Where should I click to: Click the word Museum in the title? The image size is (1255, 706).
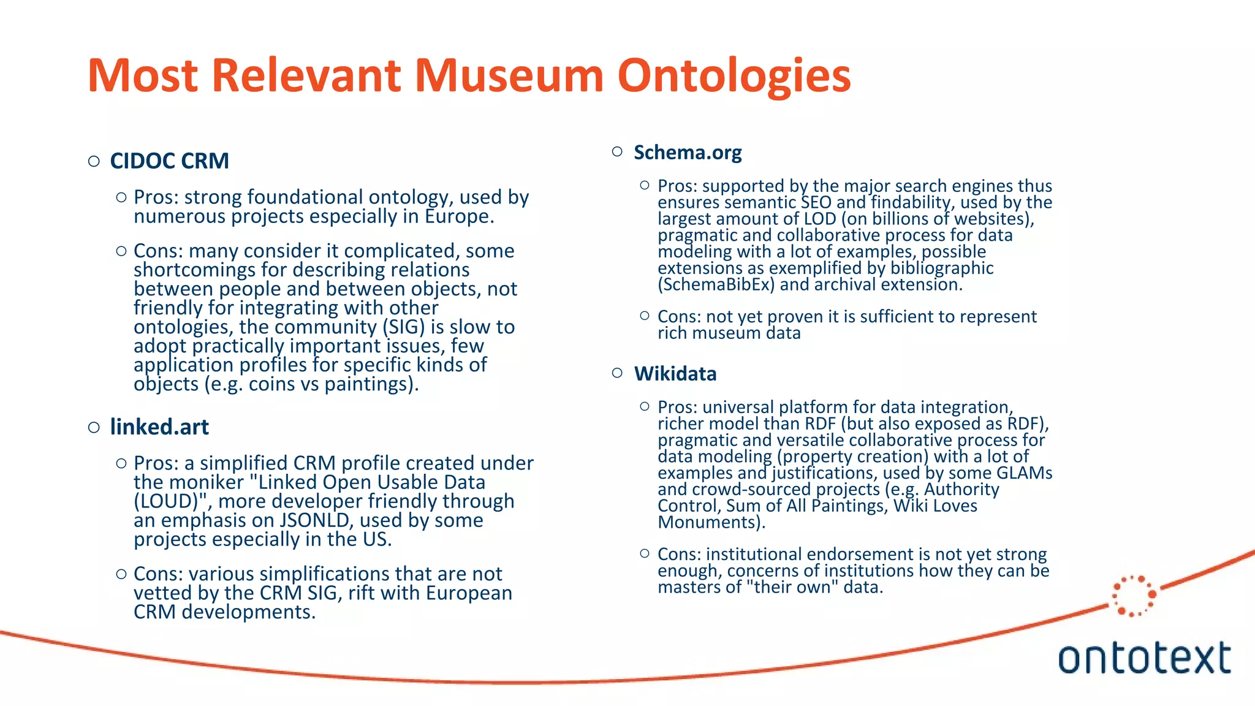click(509, 76)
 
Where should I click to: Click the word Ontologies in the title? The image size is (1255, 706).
click(734, 76)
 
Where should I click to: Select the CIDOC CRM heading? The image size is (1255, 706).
click(169, 161)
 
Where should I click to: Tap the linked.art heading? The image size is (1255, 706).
click(159, 427)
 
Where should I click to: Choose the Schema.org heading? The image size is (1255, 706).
click(688, 152)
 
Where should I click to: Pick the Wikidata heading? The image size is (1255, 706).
click(675, 374)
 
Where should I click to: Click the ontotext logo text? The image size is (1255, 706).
click(1144, 658)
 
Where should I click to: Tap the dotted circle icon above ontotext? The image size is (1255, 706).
click(1134, 595)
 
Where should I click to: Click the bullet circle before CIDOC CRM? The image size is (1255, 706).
click(94, 161)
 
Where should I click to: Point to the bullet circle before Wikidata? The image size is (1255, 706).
click(617, 373)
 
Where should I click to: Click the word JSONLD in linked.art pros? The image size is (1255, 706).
click(316, 520)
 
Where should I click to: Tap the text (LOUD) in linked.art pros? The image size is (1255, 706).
click(167, 501)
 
